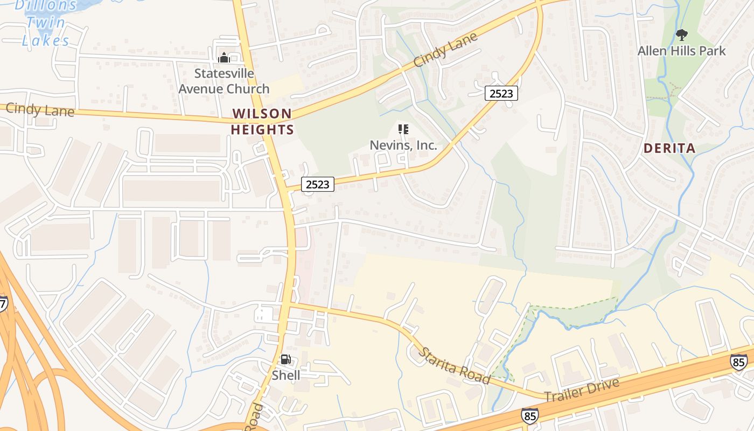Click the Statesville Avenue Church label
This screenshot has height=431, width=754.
point(224,81)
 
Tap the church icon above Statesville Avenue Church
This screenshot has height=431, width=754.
point(224,57)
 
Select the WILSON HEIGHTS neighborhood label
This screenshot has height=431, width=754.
point(262,122)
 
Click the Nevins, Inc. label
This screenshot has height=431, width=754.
point(403,145)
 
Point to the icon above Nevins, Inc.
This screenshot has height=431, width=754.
point(403,129)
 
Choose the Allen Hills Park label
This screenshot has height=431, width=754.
point(681,51)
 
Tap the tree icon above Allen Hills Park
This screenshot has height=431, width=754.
point(681,36)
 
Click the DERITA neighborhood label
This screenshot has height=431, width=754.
point(669,148)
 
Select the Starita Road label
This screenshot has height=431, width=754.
point(455,366)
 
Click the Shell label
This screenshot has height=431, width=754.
point(286,375)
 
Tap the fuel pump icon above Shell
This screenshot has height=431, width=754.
point(285,360)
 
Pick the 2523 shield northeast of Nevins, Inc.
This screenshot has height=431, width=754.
point(501,93)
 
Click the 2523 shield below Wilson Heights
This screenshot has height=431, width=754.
point(317,184)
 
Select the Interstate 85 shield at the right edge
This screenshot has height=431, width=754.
point(739,362)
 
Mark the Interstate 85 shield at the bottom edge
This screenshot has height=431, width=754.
point(529,415)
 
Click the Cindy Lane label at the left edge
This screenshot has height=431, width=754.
point(39,110)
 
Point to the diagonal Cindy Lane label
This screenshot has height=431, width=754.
point(445,50)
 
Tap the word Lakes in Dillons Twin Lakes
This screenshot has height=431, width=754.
point(46,40)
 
